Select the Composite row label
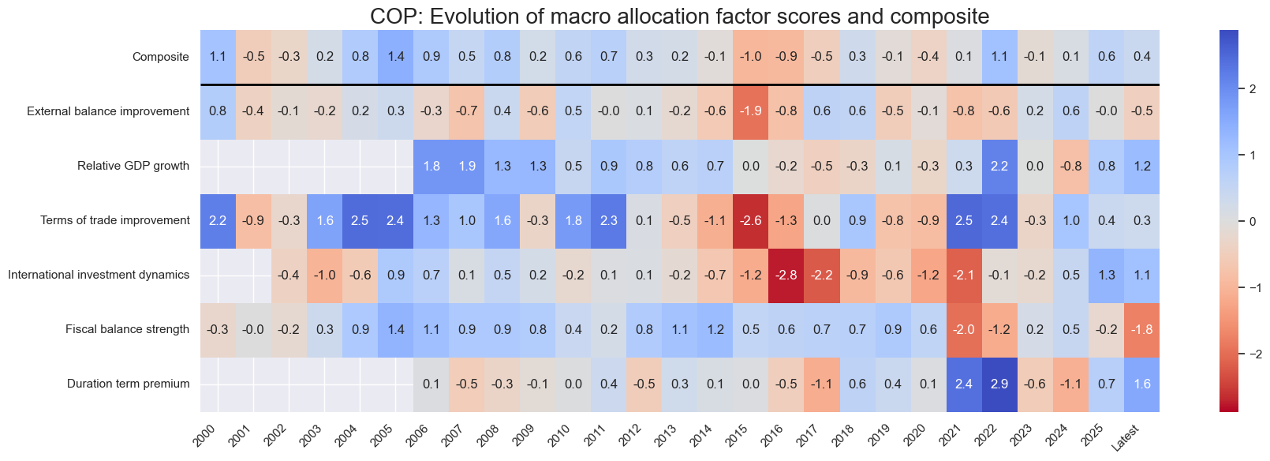point(161,57)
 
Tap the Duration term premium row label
point(128,384)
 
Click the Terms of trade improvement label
point(115,220)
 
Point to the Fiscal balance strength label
point(127,329)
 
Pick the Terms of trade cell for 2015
point(751,220)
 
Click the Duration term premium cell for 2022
point(999,384)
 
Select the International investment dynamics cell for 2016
point(786,275)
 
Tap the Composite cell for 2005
point(395,57)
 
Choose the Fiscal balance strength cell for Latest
point(1141,329)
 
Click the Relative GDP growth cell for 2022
point(999,166)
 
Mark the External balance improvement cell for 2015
point(751,111)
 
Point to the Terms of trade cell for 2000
point(218,220)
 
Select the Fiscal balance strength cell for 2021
point(964,329)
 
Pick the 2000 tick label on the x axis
point(204,436)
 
